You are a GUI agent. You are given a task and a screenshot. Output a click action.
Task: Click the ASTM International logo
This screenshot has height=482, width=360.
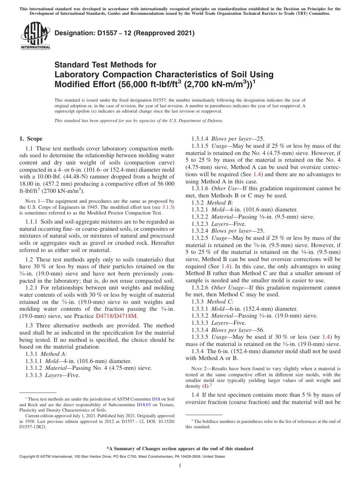coord(35,36)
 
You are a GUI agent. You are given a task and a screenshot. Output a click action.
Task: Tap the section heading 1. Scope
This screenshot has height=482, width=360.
coord(31,139)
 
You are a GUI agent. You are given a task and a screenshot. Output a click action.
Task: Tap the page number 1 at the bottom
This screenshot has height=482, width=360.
coord(180,466)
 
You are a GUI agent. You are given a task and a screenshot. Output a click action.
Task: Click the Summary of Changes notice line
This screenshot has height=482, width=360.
coord(180,449)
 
